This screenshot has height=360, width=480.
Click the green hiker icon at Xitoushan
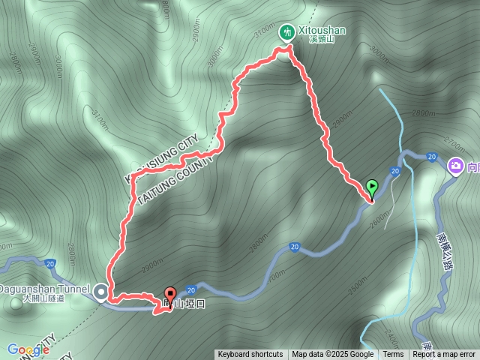[286, 31]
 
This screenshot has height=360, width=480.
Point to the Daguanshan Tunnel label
[46, 287]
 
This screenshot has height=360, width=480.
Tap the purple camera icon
[454, 166]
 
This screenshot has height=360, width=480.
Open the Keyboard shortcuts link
[250, 355]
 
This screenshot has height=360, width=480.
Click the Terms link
[393, 355]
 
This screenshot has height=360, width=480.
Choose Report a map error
[444, 355]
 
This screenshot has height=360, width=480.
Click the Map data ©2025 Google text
[333, 355]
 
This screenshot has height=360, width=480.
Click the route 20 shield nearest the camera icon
[431, 157]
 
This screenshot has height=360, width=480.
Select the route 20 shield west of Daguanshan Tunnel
[49, 264]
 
